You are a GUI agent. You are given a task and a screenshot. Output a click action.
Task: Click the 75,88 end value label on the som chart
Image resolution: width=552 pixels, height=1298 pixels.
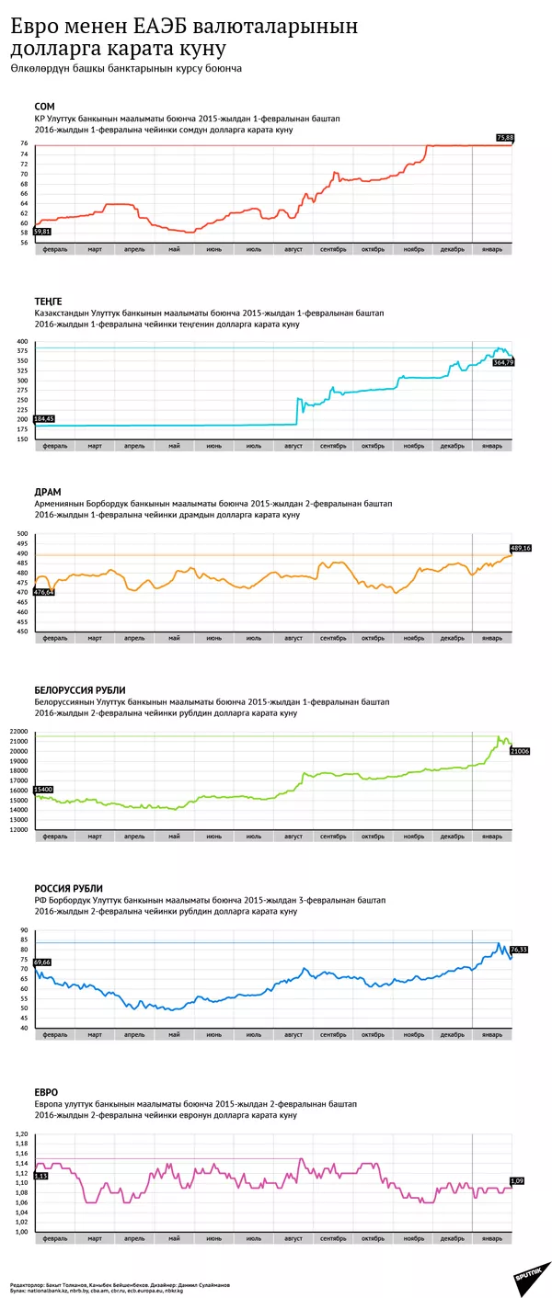[505, 138]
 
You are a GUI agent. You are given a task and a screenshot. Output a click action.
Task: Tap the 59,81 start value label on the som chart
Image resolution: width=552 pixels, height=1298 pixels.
[42, 232]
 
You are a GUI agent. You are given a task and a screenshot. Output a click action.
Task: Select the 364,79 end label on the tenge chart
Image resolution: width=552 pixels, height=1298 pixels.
[504, 363]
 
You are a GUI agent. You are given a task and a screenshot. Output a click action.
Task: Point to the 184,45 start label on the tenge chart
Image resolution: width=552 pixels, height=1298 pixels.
[43, 419]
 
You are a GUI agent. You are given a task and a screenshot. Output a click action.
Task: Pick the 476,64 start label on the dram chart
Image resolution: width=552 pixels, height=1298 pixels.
[43, 592]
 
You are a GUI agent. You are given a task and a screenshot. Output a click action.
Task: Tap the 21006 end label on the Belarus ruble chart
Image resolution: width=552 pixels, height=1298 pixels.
[520, 751]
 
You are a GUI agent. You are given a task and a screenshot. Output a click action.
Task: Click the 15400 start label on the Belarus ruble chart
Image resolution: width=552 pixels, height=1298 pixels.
[42, 790]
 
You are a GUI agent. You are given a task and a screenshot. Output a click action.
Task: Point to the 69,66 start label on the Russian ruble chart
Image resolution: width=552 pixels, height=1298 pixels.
[41, 962]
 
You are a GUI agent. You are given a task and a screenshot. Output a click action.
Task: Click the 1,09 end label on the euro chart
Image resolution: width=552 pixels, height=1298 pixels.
[517, 1180]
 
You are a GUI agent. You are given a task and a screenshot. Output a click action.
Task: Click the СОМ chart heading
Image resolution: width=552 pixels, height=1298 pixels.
[44, 107]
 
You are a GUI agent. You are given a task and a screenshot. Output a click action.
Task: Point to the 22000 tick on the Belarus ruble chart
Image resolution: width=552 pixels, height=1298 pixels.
[19, 732]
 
